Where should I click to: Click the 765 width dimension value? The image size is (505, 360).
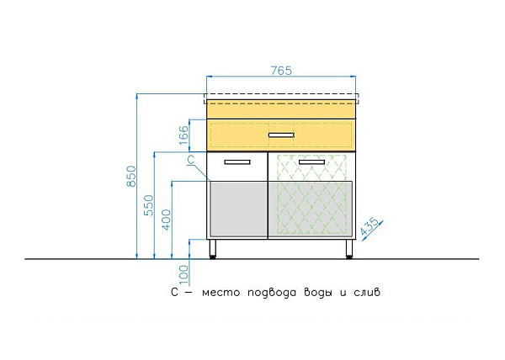(281, 71)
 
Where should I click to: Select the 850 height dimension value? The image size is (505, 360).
(130, 176)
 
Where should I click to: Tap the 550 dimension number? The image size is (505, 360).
(148, 205)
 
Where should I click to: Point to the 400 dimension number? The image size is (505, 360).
(166, 220)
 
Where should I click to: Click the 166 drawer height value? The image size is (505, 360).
(183, 135)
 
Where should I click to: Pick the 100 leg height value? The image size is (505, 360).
(183, 273)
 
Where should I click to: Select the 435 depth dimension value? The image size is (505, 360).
(369, 226)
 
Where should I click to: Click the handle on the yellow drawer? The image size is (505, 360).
(281, 135)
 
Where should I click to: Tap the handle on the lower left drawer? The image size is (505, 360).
(237, 161)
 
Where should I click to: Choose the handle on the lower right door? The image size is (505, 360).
(311, 161)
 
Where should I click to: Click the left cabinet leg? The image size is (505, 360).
(213, 249)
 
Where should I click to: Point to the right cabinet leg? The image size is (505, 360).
(349, 249)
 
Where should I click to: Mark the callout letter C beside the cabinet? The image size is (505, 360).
(190, 160)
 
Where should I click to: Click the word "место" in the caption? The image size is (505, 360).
(221, 293)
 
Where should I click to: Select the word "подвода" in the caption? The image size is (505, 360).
(272, 293)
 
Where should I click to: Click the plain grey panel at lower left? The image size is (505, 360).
(239, 209)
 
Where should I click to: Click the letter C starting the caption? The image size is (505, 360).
(174, 292)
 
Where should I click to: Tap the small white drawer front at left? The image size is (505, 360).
(237, 167)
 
